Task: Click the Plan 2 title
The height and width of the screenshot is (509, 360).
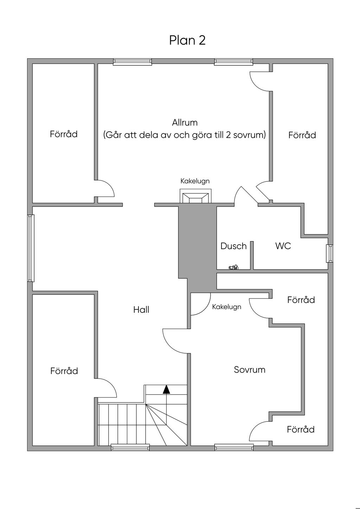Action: pyautogui.click(x=187, y=40)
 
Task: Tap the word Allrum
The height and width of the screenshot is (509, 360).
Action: pyautogui.click(x=185, y=123)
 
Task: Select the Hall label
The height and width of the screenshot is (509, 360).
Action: pyautogui.click(x=141, y=310)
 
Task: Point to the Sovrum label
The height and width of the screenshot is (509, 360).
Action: pyautogui.click(x=250, y=370)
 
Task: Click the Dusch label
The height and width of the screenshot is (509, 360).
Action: pyautogui.click(x=233, y=246)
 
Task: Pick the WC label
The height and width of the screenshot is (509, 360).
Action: pyautogui.click(x=283, y=246)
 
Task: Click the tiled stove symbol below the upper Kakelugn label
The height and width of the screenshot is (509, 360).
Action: pyautogui.click(x=195, y=196)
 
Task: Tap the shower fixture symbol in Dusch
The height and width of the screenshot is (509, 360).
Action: pyautogui.click(x=233, y=267)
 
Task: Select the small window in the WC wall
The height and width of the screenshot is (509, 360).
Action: pyautogui.click(x=329, y=253)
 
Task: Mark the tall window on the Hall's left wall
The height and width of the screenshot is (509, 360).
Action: pyautogui.click(x=31, y=248)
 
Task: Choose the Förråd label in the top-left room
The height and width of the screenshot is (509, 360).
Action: pyautogui.click(x=64, y=134)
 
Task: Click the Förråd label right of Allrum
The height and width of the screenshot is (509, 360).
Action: pyautogui.click(x=302, y=135)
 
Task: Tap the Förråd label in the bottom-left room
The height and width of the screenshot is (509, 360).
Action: pyautogui.click(x=64, y=371)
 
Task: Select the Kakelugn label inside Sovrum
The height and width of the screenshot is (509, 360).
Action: pyautogui.click(x=227, y=307)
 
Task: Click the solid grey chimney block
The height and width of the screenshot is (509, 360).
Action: pyautogui.click(x=197, y=248)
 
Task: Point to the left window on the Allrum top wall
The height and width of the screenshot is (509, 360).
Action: pyautogui.click(x=133, y=62)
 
